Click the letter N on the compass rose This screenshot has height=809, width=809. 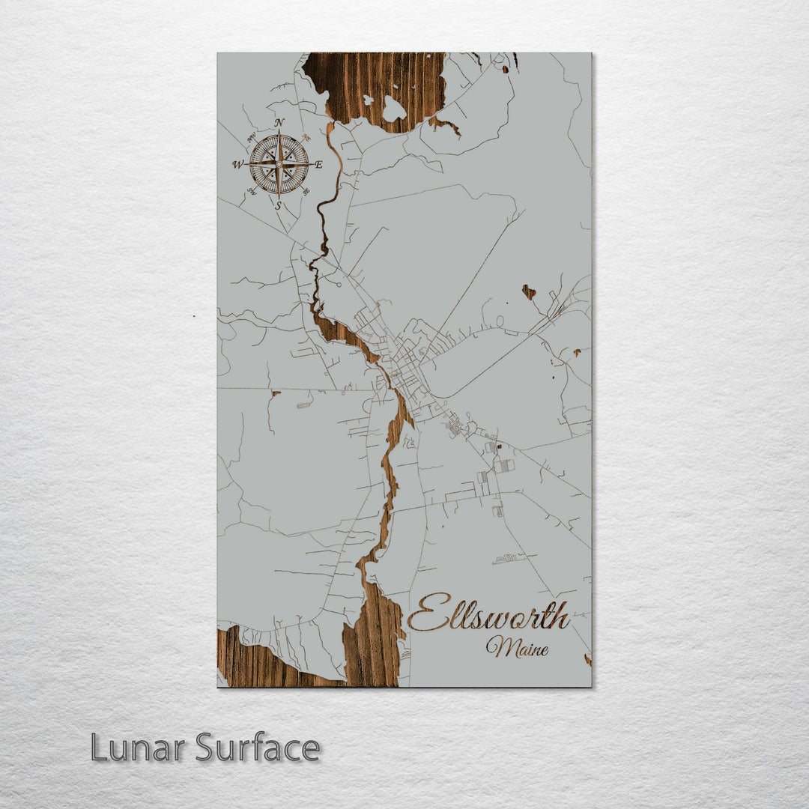279,122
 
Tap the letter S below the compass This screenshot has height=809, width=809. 278,204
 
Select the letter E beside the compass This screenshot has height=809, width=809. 318,165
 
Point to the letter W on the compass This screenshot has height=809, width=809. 237,165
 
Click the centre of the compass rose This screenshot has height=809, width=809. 279,163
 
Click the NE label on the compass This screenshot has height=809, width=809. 306,138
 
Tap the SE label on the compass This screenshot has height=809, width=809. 306,191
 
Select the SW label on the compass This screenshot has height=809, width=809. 251,191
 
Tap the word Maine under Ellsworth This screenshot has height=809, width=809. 517,647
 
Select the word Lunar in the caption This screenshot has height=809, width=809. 139,748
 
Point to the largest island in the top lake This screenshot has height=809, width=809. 393,109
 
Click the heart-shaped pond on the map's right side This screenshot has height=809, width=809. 529,291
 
